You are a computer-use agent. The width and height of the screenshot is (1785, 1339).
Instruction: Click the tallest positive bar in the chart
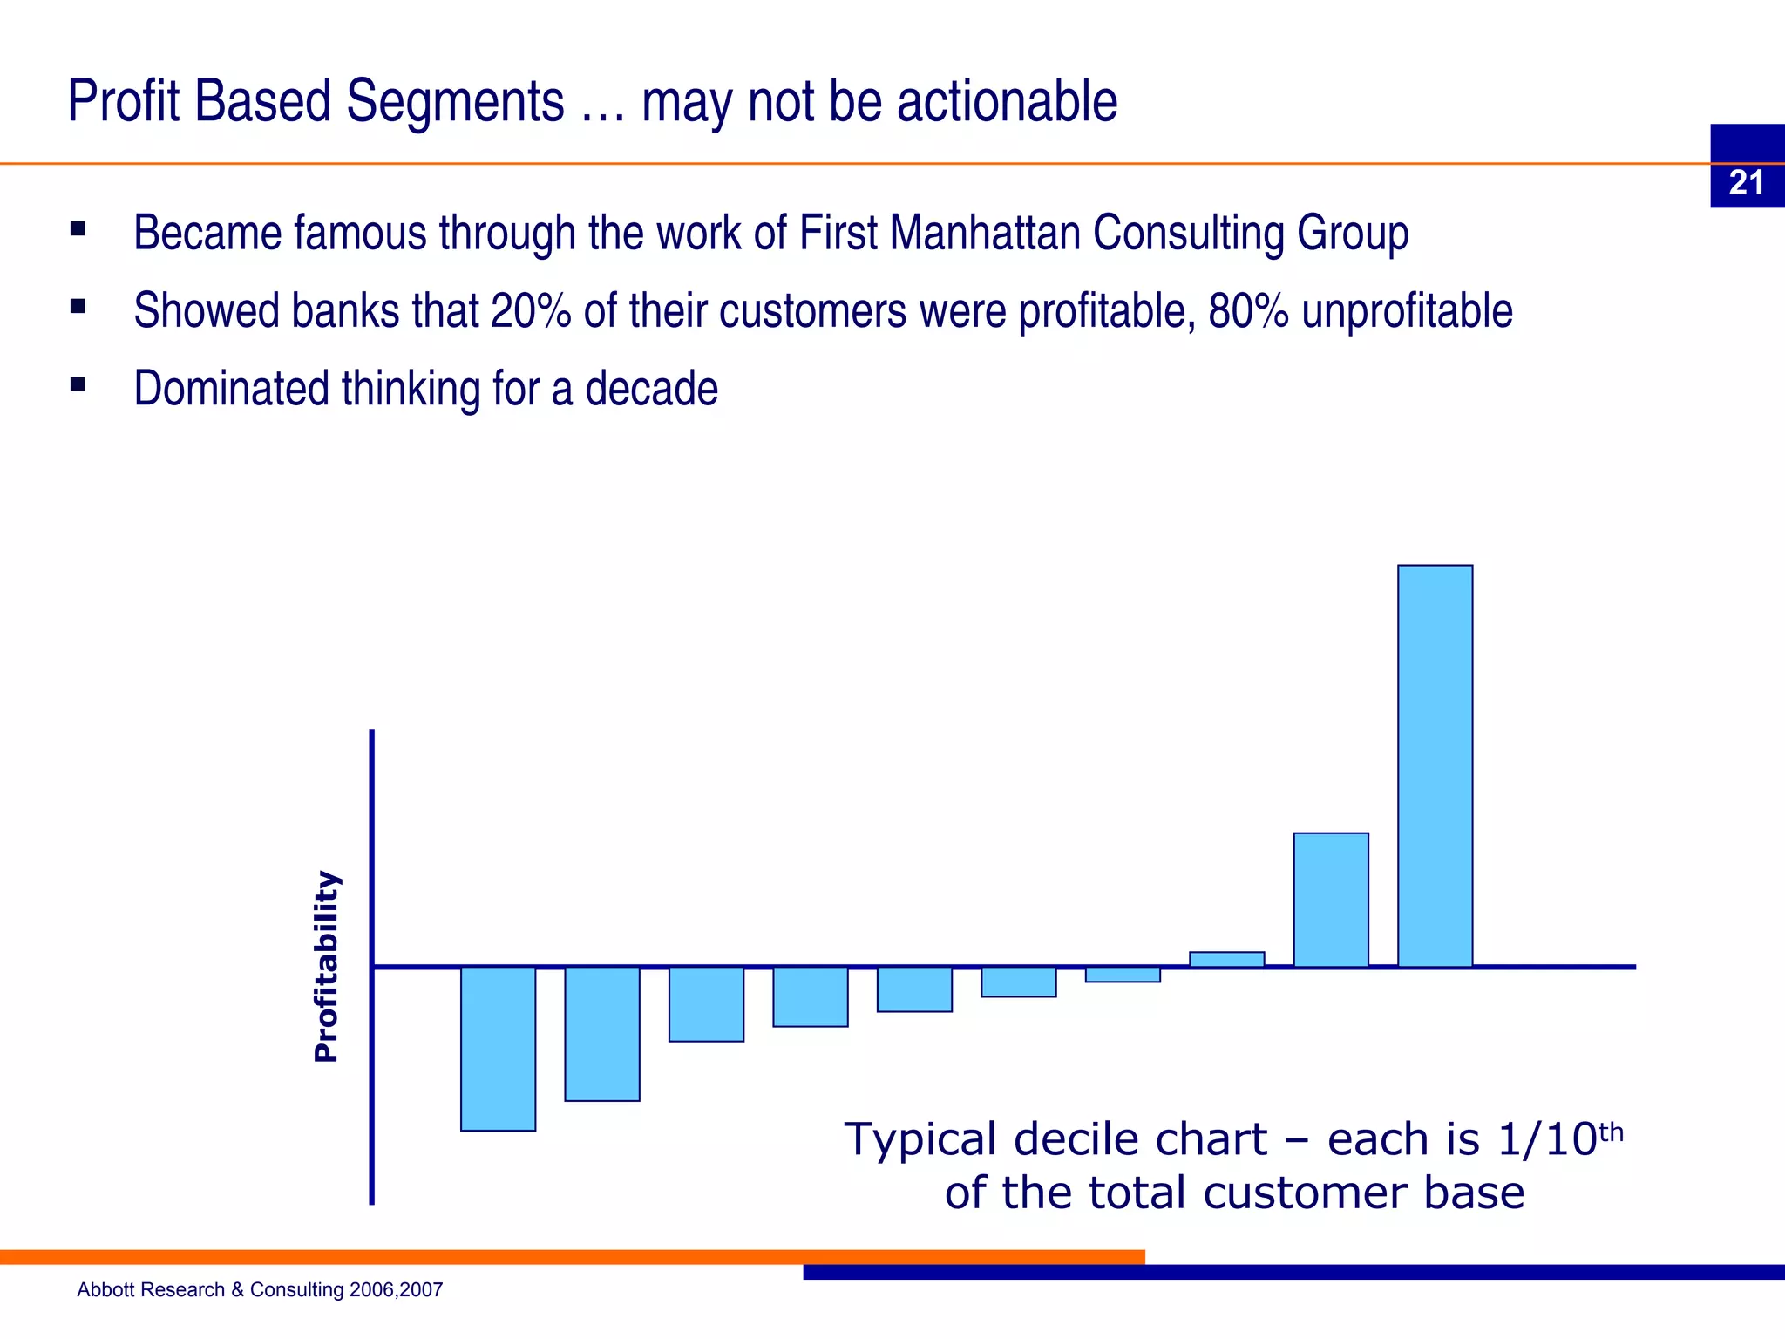coord(1435,765)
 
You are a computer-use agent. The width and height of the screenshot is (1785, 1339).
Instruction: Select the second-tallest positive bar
coord(1331,900)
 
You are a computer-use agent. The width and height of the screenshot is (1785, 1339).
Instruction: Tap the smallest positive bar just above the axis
coord(1226,959)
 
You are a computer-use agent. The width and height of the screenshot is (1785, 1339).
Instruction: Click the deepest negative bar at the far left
coord(498,1049)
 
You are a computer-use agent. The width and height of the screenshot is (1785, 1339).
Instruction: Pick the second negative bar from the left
coord(602,1034)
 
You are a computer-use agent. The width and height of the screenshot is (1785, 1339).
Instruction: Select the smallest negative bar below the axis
coord(1123,975)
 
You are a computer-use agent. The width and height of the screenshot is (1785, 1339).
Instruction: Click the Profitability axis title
coord(326,966)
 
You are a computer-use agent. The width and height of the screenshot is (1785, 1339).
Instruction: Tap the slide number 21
coord(1746,183)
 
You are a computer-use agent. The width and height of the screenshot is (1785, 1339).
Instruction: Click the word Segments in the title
coord(455,101)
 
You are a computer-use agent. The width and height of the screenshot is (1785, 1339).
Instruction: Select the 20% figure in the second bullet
coord(530,310)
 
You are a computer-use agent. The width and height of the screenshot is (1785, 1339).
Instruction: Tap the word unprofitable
coord(1407,310)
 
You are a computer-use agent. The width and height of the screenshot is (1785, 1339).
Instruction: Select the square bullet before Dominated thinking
coord(78,384)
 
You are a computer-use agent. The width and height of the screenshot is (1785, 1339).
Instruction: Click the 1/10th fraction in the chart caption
coord(1558,1138)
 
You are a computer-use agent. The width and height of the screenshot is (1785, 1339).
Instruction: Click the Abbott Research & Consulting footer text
coord(260,1289)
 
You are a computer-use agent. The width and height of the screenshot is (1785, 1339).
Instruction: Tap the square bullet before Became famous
coord(78,228)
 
